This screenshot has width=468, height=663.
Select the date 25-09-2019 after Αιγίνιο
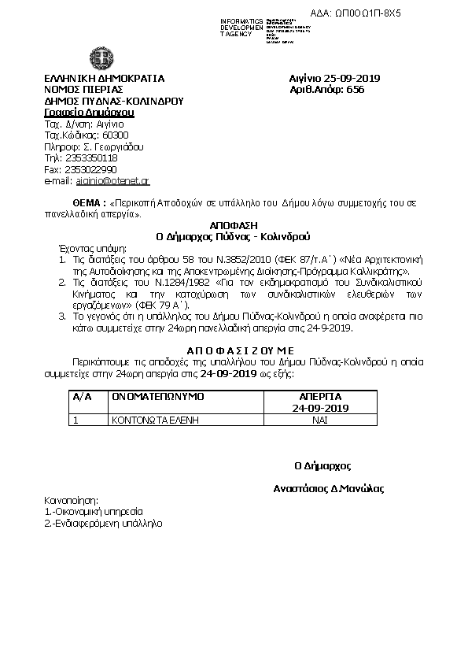point(352,79)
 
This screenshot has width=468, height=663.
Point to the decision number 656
point(355,91)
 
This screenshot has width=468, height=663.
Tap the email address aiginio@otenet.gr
point(113,181)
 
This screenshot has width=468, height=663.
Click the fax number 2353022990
point(90,169)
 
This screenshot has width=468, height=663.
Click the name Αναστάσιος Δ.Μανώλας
point(327,488)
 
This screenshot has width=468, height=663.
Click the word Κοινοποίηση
point(71,500)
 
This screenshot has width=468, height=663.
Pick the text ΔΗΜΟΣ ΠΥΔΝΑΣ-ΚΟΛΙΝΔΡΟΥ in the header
point(113,102)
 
